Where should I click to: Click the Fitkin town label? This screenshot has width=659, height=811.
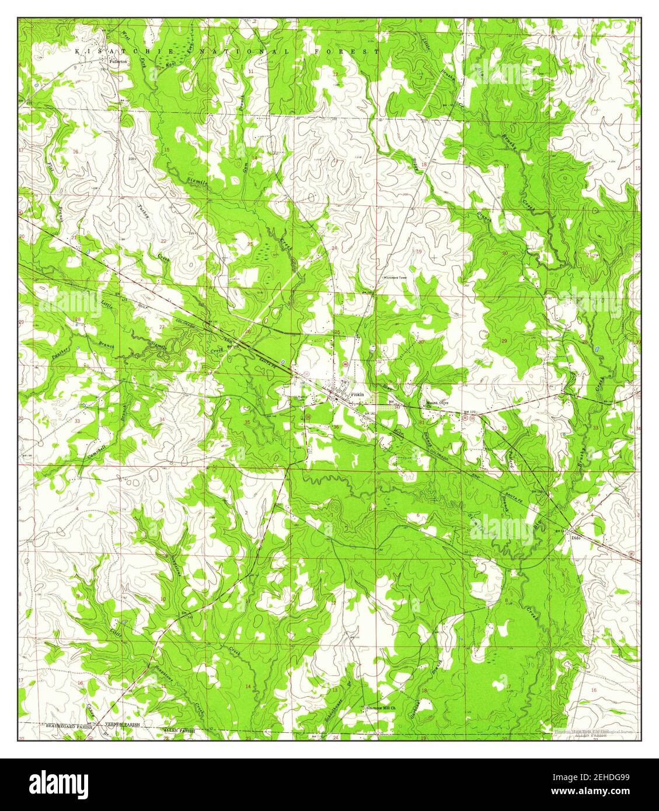pos(357,395)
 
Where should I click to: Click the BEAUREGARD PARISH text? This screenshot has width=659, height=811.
pos(69,728)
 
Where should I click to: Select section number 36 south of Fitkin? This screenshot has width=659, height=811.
pos(336,427)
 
